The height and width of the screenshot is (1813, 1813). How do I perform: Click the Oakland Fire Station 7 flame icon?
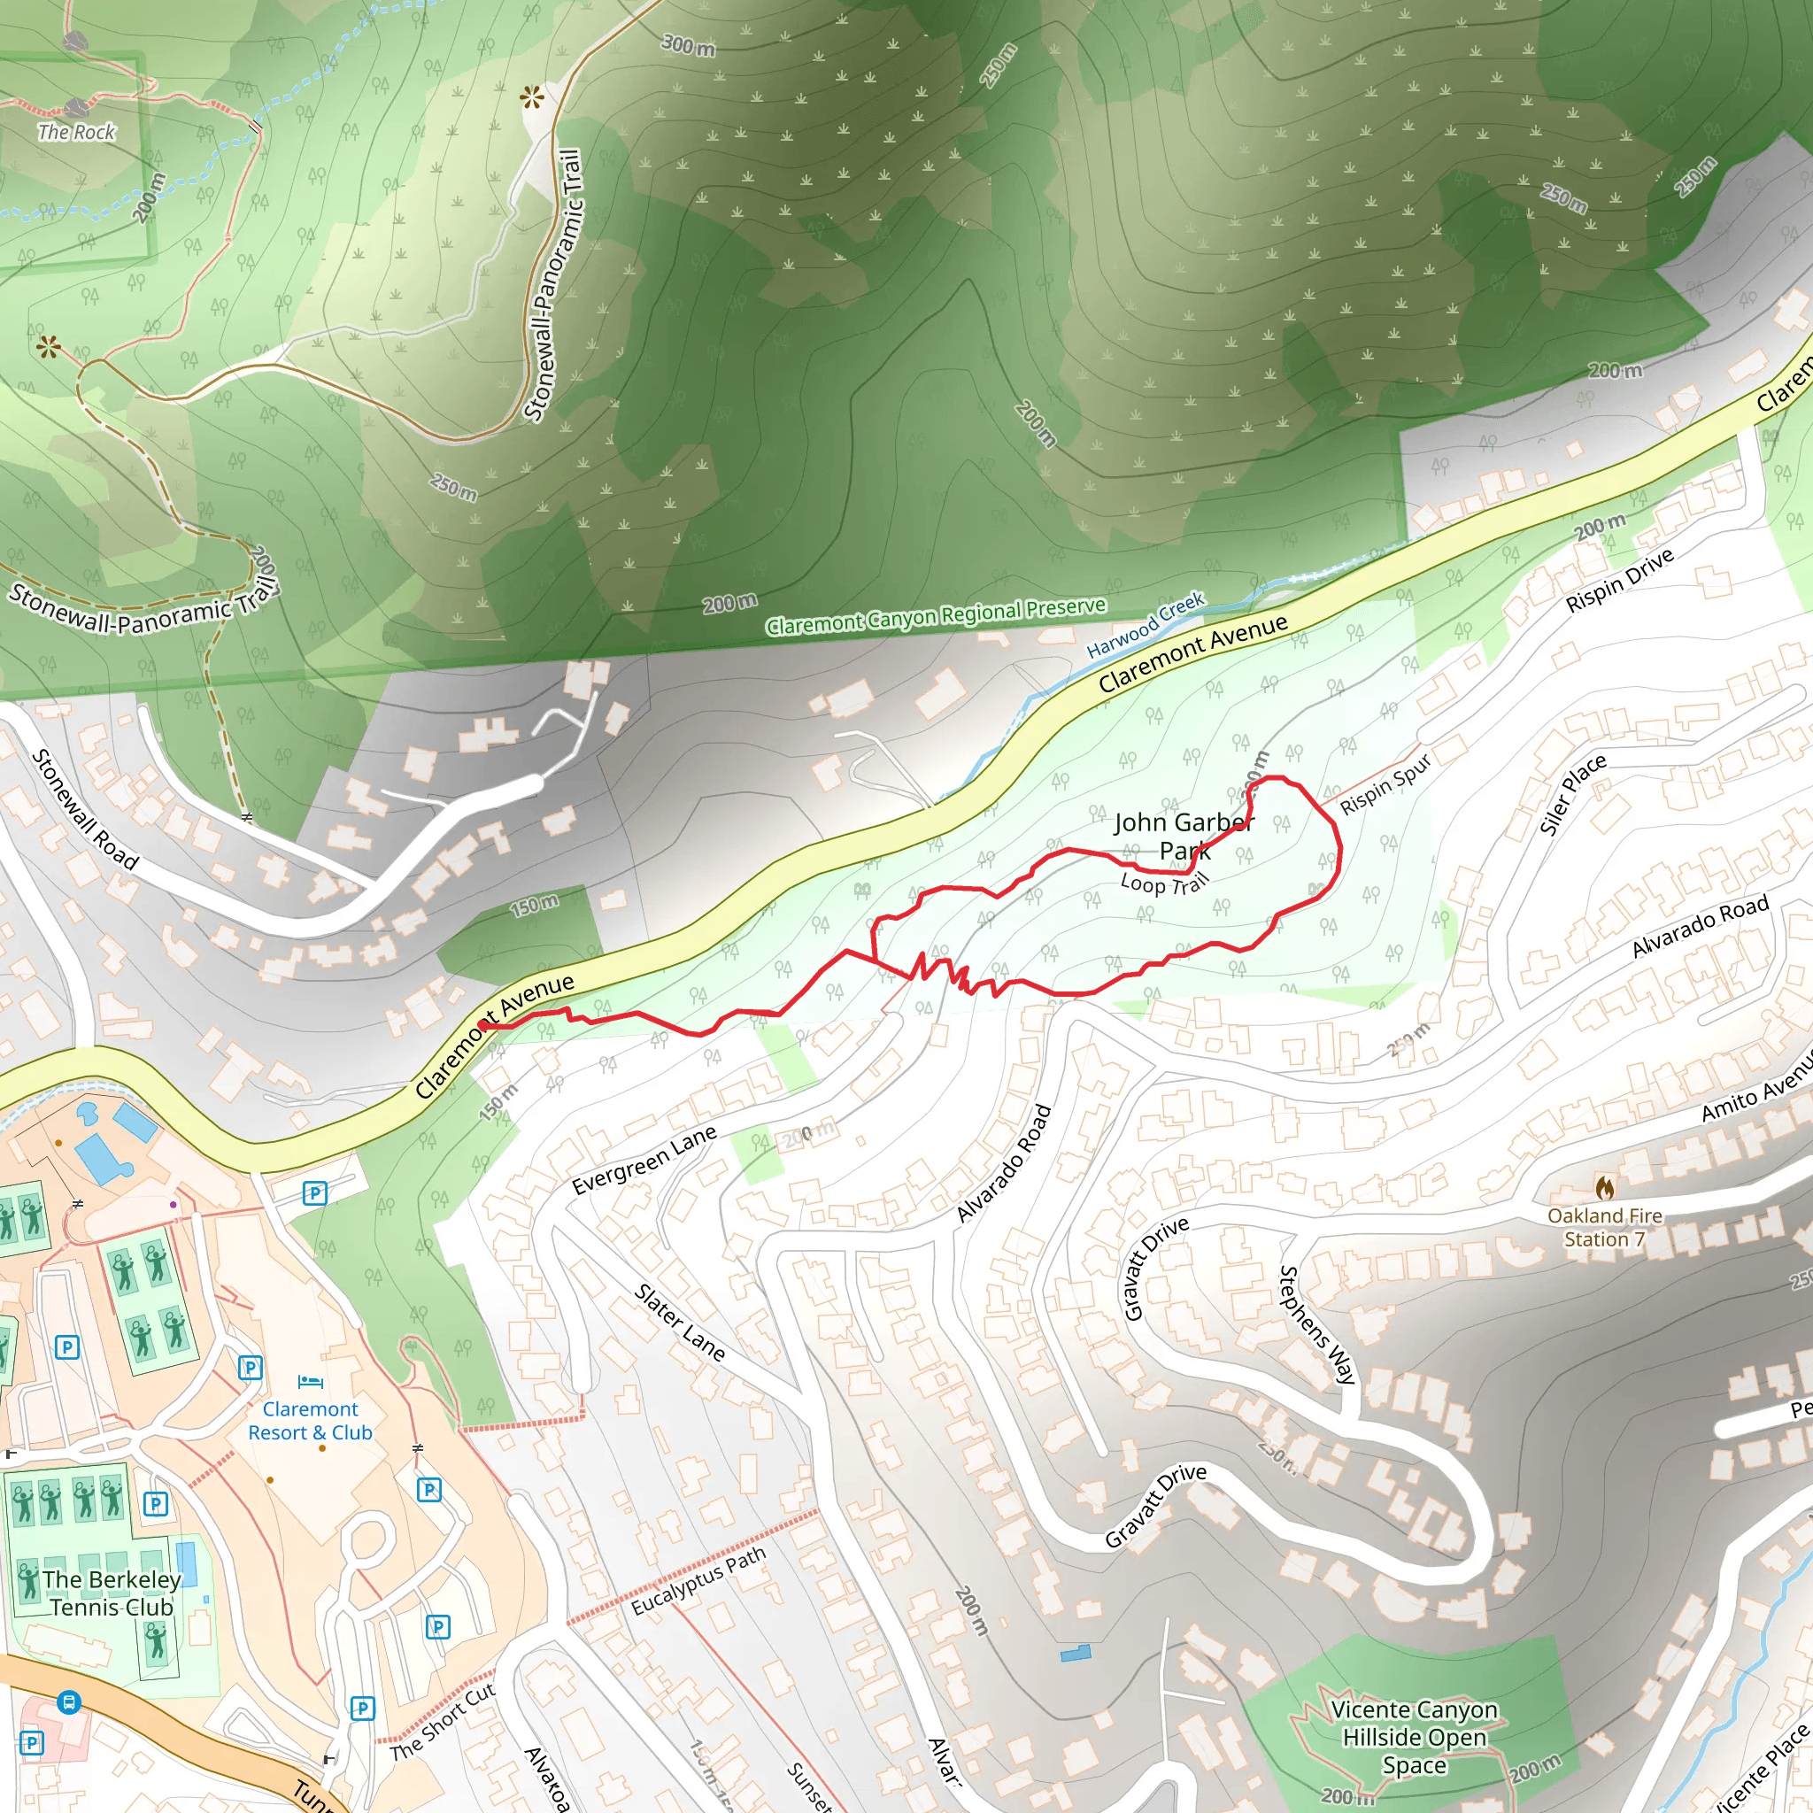[1605, 1188]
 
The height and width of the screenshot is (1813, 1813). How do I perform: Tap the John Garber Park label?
[1184, 836]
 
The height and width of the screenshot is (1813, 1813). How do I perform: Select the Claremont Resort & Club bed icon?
[311, 1381]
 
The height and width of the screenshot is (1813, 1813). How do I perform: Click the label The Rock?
[76, 132]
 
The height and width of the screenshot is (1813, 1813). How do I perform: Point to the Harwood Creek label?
[1145, 624]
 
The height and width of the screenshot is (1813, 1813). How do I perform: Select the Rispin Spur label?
[1385, 783]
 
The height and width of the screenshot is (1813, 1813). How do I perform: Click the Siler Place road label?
[1573, 794]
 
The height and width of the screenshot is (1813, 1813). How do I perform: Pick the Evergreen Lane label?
[644, 1160]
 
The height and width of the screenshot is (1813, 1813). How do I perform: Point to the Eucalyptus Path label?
[698, 1581]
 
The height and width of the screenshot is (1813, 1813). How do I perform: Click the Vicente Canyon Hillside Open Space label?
[1414, 1737]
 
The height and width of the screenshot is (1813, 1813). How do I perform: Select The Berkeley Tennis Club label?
[112, 1593]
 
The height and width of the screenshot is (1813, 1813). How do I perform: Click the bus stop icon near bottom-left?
[67, 1702]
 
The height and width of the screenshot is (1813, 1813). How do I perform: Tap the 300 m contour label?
[689, 44]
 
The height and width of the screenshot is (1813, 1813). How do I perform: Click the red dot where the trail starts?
[483, 1025]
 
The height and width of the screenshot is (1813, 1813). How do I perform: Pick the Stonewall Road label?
[85, 809]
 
